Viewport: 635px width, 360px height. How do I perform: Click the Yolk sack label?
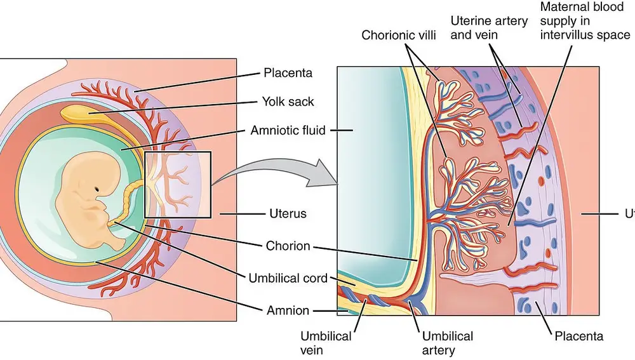coord(288,102)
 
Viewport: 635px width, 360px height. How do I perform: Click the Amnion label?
coord(288,310)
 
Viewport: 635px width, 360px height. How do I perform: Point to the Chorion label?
coord(288,246)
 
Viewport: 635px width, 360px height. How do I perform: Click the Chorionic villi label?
coord(399,35)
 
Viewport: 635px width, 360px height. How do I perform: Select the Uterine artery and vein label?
coord(489,27)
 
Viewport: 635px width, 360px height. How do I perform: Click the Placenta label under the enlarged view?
coord(578,336)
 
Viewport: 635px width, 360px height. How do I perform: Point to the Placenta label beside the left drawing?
coord(288,72)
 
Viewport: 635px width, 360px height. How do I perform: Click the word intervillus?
coord(567,35)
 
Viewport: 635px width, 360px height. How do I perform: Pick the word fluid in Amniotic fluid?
coord(313,131)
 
